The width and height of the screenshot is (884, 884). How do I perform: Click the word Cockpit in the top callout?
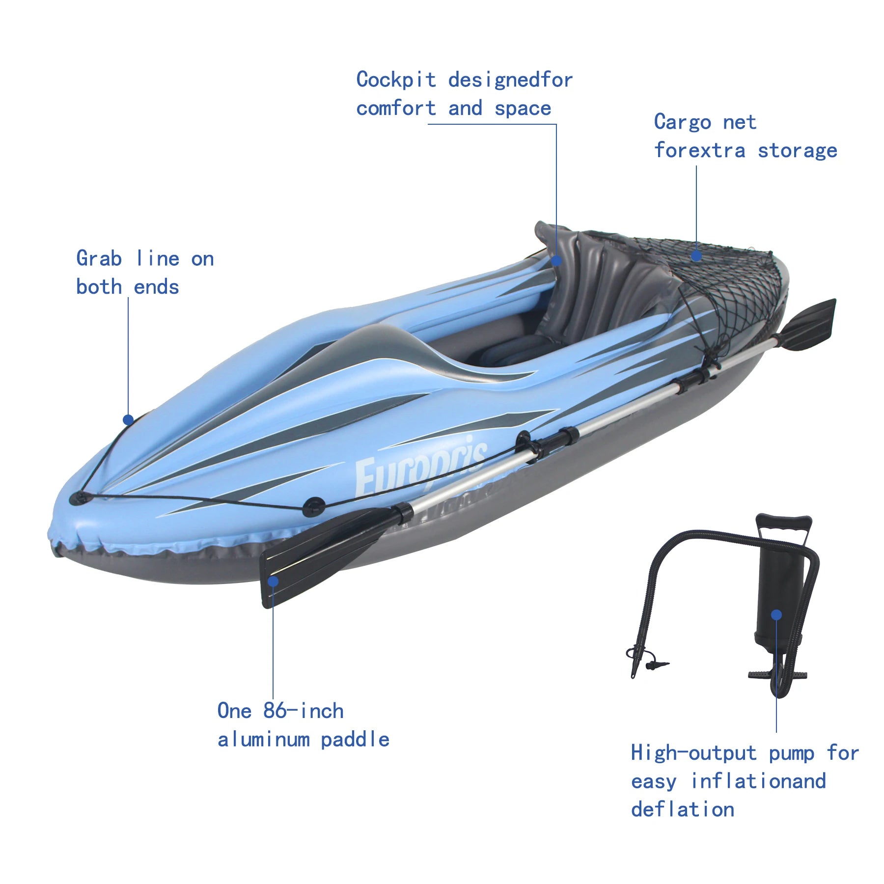point(396,80)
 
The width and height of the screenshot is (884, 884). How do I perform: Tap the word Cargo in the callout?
point(683,122)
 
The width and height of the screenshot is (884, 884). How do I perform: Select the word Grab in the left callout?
point(99,259)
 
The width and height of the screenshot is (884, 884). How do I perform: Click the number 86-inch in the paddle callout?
point(303,711)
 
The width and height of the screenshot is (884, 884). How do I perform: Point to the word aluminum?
point(264,739)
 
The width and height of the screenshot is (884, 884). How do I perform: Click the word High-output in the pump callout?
point(693,753)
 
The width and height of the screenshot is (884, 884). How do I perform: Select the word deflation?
point(683,809)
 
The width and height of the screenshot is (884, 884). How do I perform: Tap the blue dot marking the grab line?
point(128,419)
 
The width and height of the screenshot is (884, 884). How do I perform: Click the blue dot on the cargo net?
point(696,255)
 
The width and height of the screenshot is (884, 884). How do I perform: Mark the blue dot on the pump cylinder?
point(776,615)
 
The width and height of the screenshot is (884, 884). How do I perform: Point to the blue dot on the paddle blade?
point(273,581)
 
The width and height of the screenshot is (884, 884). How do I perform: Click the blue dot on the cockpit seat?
point(556,260)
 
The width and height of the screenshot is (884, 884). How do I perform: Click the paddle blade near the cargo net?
point(808,325)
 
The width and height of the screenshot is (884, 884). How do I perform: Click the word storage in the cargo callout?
point(797,151)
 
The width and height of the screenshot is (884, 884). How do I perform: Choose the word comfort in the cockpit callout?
point(396,109)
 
